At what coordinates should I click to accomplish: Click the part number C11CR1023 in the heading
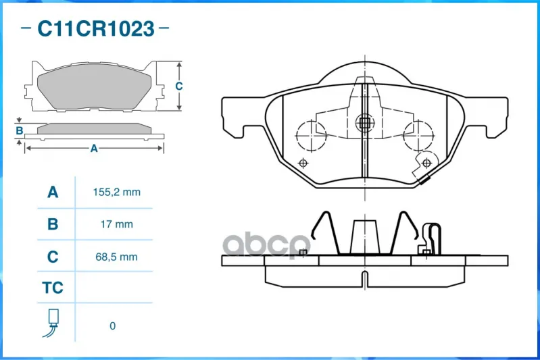[x=96, y=28]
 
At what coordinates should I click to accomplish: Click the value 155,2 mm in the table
[x=117, y=192]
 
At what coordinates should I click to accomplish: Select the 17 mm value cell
[x=117, y=224]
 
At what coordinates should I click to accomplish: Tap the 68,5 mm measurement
[x=117, y=257]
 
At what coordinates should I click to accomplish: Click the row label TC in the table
[x=53, y=288]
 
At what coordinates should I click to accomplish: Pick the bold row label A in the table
[x=53, y=192]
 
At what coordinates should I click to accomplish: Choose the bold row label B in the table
[x=53, y=224]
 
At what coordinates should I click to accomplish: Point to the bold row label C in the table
[x=53, y=257]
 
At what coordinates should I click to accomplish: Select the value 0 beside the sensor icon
[x=113, y=326]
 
